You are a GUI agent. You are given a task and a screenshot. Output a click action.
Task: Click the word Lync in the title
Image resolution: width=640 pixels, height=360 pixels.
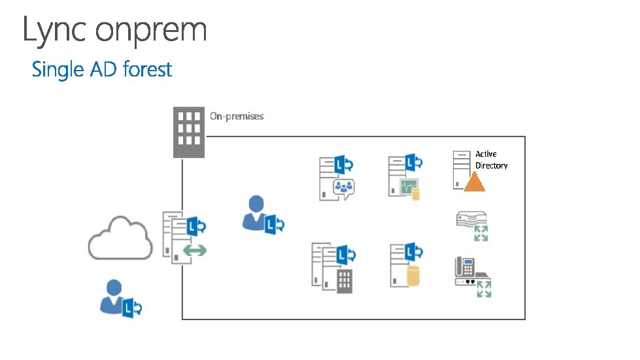54,30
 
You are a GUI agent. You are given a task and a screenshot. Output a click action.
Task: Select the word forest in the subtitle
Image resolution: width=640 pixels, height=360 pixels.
147,69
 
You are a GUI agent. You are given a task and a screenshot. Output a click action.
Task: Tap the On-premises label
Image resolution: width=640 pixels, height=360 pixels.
237,116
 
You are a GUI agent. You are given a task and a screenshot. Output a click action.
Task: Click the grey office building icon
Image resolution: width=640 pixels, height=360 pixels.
188,132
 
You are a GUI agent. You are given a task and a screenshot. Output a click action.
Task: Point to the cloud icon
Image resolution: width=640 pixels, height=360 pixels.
120,238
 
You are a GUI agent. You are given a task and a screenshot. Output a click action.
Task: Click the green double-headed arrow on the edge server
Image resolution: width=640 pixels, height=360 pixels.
195,250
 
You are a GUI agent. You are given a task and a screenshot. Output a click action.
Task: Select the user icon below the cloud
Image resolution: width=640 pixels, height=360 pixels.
120,299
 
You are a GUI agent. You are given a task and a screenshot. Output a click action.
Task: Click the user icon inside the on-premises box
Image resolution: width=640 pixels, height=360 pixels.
263,215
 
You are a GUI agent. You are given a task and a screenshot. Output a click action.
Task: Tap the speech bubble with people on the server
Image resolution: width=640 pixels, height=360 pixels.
344,188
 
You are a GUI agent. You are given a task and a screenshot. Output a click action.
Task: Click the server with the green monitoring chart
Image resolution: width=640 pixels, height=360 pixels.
405,176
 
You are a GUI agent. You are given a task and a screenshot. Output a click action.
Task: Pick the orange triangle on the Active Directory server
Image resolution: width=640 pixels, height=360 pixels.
475,182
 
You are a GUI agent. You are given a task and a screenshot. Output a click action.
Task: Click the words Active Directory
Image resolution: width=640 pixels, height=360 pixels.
492,160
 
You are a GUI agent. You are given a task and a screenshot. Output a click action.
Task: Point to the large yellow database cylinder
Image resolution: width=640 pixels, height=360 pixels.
413,276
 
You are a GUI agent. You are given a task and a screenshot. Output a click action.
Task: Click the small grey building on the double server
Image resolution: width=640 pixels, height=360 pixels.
345,281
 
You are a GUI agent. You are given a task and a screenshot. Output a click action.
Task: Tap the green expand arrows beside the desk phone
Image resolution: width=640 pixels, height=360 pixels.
484,289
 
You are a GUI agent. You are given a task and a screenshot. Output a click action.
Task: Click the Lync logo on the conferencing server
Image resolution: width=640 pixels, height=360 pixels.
344,165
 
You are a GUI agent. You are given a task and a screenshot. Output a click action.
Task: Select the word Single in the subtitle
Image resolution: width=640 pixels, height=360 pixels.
58,70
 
